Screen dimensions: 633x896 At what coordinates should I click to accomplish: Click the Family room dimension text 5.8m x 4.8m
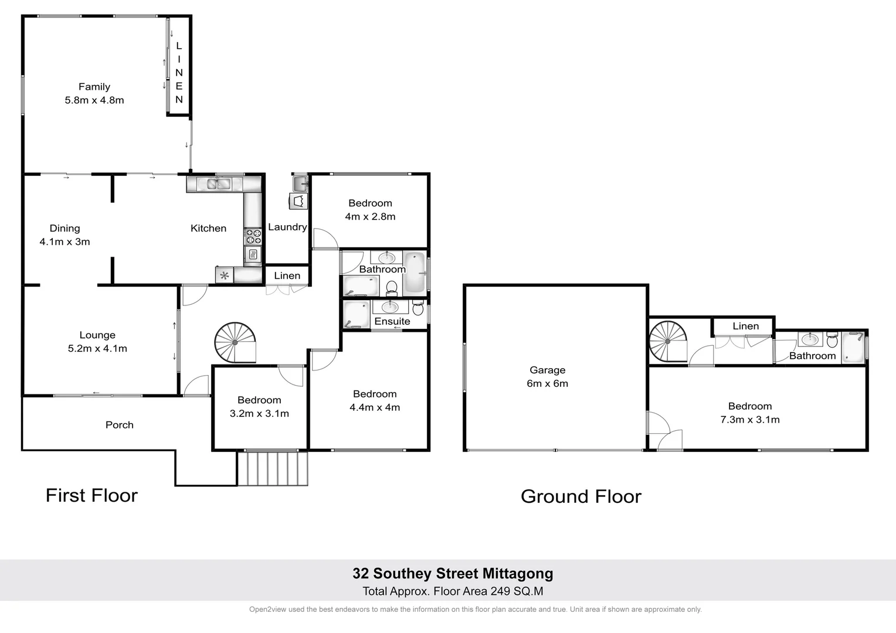[x=94, y=100]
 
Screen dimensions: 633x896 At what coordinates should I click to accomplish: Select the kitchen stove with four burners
[x=253, y=236]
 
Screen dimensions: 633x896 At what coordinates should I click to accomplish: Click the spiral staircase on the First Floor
[x=235, y=342]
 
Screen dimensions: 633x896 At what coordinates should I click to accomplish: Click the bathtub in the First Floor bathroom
[x=414, y=273]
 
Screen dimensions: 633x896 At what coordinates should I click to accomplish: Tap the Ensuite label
[x=392, y=321]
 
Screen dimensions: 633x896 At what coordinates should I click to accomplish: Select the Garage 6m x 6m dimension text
[x=547, y=383]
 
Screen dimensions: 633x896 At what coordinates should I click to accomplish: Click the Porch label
[x=119, y=425]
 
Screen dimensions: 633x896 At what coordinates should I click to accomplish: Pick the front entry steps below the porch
[x=273, y=468]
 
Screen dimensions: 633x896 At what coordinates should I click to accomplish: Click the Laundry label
[x=287, y=227]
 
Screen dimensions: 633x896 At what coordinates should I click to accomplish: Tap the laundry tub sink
[x=300, y=182]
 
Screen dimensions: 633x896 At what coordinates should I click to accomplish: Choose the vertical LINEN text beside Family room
[x=179, y=73]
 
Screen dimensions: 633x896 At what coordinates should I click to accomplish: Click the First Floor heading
[x=91, y=495]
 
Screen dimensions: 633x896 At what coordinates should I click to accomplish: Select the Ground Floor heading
[x=581, y=496]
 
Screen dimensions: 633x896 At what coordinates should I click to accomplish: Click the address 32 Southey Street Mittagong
[x=452, y=573]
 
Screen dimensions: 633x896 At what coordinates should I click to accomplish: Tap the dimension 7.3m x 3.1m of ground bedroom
[x=749, y=420]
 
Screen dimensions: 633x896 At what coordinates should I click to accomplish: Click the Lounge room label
[x=97, y=335]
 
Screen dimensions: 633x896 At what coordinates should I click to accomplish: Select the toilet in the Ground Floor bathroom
[x=831, y=340]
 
